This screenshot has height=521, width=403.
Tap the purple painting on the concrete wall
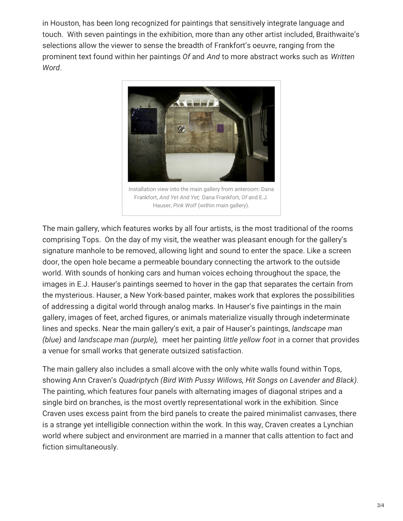pos(220,128)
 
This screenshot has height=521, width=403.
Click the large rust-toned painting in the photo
pos(201,123)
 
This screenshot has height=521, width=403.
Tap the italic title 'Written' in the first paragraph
pos(343,56)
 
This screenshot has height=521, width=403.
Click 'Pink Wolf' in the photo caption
pos(185,205)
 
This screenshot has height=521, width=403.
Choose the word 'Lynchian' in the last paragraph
pos(338,424)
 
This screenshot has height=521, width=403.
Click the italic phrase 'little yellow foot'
pos(250,340)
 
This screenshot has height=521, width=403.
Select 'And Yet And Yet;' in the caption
pos(180,197)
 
